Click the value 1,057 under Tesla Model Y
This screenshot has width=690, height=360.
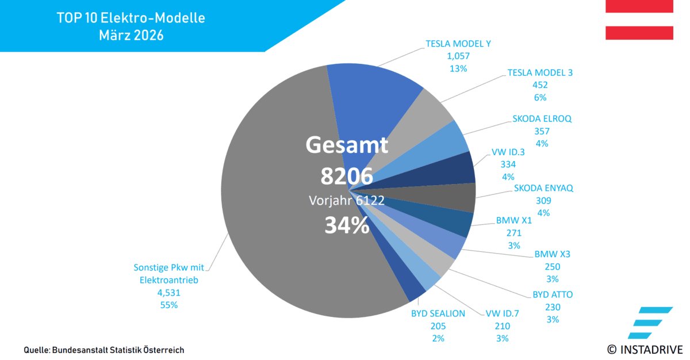458,56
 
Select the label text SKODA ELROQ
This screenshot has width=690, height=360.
542,119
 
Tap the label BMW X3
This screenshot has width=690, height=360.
552,254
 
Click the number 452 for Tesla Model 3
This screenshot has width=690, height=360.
540,85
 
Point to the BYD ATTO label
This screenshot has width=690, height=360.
553,294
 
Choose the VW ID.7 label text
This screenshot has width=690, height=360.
502,313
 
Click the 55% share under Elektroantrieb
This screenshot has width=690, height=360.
169,305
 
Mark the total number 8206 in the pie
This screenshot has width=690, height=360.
347,176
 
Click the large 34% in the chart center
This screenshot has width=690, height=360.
347,225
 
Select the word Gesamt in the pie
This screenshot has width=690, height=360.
347,145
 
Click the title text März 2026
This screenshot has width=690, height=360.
131,36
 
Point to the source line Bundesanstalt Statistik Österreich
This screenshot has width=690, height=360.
118,350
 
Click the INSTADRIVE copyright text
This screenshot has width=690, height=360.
645,349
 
